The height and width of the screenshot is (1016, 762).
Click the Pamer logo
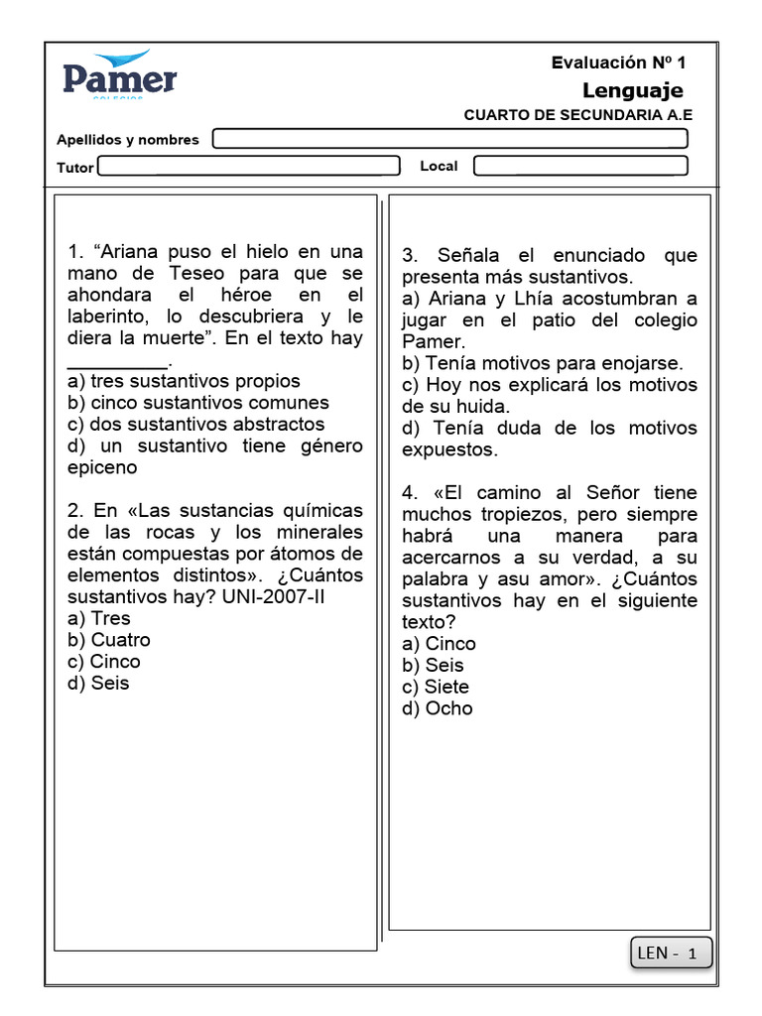click(120, 75)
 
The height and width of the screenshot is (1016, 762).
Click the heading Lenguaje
click(632, 91)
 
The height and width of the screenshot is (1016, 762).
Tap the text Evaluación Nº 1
click(618, 63)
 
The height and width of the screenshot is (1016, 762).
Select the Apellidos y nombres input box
click(450, 139)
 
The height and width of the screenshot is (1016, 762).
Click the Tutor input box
click(248, 167)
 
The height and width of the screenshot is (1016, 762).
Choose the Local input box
click(580, 166)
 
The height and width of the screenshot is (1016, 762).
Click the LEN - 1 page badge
click(671, 953)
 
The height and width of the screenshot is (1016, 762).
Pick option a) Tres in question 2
click(99, 618)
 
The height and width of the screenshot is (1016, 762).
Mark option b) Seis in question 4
click(433, 666)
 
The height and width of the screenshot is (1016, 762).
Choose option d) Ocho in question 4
click(438, 708)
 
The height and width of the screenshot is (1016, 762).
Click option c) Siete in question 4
click(436, 687)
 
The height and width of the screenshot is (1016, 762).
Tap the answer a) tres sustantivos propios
click(184, 381)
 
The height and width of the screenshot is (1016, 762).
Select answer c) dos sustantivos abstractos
click(195, 425)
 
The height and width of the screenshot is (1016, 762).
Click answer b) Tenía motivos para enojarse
click(542, 363)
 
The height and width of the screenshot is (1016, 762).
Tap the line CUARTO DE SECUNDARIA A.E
click(577, 115)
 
